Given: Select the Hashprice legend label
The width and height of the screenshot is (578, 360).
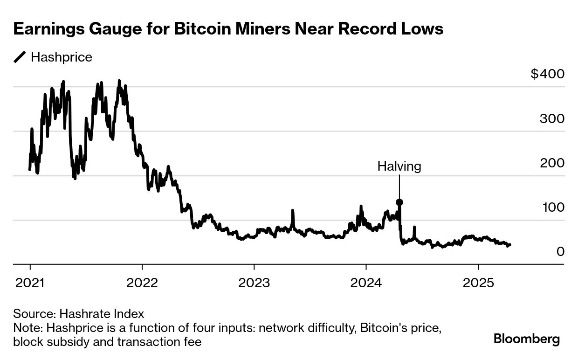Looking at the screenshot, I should tap(61, 57).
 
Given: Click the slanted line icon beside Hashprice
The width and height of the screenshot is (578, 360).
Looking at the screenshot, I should tap(20, 57).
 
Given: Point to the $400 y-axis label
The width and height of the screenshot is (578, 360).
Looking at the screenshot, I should tap(547, 74).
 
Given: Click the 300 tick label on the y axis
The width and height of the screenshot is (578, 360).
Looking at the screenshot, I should tap(552, 118).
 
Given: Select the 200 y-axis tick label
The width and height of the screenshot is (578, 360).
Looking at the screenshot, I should tap(552, 163).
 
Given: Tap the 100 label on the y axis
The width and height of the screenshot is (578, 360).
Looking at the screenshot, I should tap(553, 207).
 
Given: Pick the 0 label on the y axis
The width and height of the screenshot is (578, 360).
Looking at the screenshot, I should tap(560, 251).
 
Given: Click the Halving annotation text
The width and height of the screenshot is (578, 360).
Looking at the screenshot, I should tap(399, 166).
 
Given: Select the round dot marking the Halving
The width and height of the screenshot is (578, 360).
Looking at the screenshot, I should tap(399, 202).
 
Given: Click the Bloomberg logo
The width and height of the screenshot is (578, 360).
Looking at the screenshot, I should tap(527, 339).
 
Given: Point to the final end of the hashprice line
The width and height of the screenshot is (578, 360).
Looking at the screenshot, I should tap(510, 244).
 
